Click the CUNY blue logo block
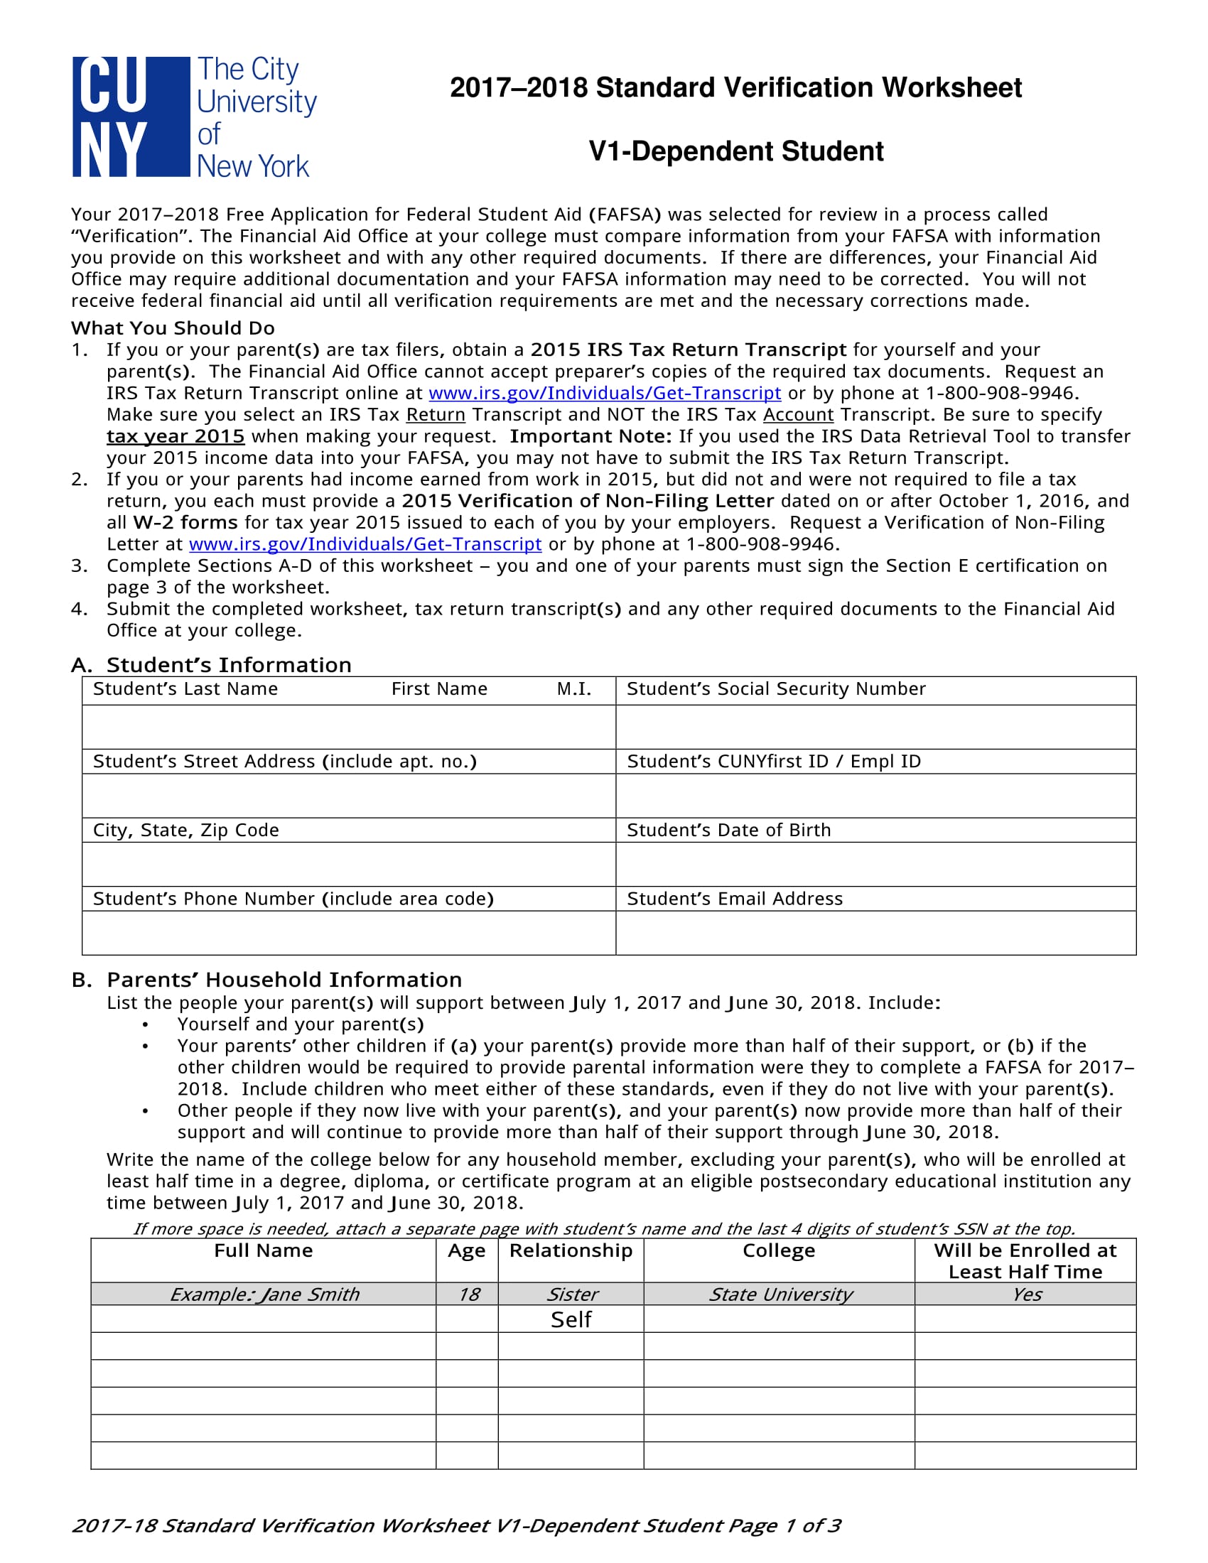131,117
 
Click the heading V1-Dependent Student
735,152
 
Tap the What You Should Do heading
173,328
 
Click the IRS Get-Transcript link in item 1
604,393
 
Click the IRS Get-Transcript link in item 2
365,544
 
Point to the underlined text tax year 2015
176,436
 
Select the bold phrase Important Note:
590,436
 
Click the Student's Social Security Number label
776,688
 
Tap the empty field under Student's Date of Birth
875,864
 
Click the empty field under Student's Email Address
875,933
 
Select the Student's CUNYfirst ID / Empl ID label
774,761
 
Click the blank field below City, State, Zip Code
348,864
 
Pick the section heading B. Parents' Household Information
266,979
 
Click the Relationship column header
571,1250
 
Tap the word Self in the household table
571,1319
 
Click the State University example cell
780,1294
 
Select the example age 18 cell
468,1294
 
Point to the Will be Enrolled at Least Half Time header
1025,1260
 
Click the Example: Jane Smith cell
264,1294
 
